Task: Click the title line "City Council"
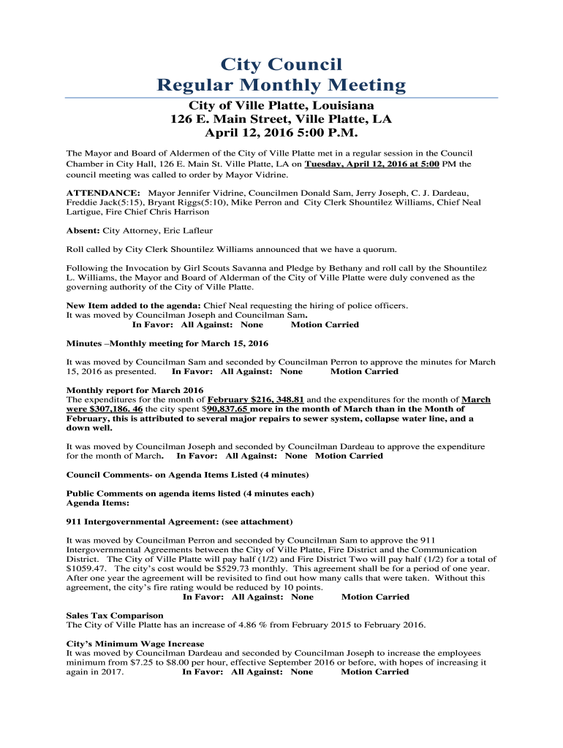tap(281, 64)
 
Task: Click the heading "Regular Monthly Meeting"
tap(281, 85)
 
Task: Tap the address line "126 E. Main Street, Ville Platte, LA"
tap(281, 120)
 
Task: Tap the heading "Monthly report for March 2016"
tap(135, 390)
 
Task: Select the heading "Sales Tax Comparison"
tap(115, 616)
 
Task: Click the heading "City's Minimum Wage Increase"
tap(135, 644)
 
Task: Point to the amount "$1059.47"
tap(86, 568)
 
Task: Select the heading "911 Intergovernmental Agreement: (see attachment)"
tap(180, 522)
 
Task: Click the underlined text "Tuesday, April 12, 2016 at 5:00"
tap(371, 164)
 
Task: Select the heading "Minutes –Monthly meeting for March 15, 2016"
tap(167, 343)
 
